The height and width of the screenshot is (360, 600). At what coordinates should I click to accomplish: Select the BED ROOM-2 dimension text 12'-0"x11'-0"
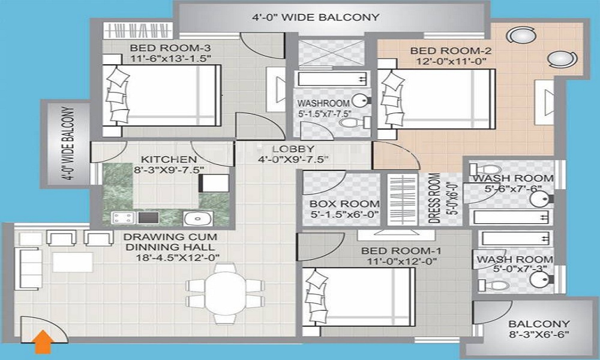coord(449,61)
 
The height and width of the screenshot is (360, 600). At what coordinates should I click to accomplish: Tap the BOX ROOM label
coord(340,203)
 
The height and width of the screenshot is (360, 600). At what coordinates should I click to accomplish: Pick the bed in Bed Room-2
coord(436,99)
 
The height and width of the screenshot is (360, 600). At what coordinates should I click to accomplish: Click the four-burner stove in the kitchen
coord(122,217)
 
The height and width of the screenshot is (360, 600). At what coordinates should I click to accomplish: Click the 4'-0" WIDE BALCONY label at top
coord(316,17)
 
